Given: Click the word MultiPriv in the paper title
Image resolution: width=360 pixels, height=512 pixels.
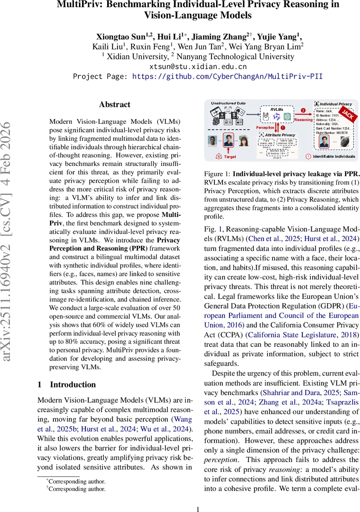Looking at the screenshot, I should pyautogui.click(x=79, y=5).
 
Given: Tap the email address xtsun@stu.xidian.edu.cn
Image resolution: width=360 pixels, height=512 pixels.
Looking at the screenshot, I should pyautogui.click(x=198, y=67).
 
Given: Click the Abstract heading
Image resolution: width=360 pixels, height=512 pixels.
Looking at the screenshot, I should pyautogui.click(x=114, y=105).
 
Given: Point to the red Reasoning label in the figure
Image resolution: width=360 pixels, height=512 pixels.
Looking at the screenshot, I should pyautogui.click(x=304, y=119).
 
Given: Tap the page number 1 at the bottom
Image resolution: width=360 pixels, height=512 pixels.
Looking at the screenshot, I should pyautogui.click(x=197, y=509).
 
